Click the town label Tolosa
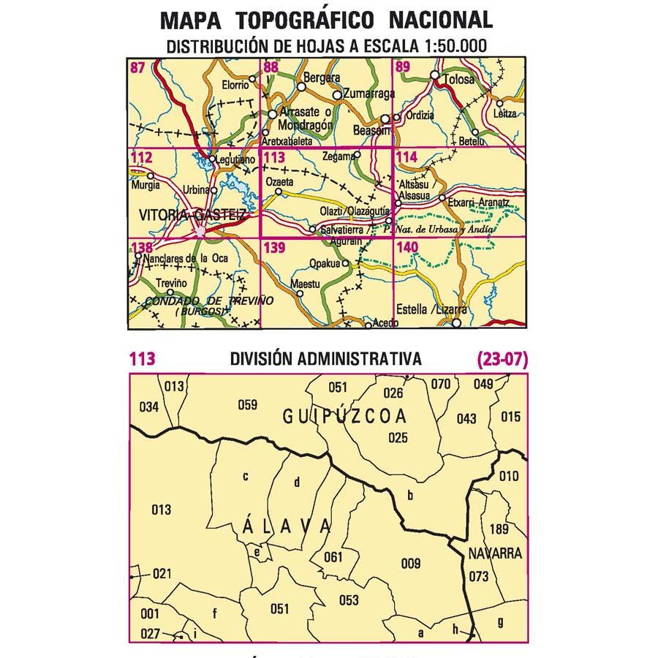tap(458, 80)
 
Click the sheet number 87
tap(137, 68)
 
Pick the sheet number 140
tap(406, 248)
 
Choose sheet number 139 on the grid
tap(275, 248)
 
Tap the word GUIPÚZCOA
tap(344, 417)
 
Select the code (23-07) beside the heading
tap(501, 359)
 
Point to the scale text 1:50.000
tap(452, 46)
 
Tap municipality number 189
tap(499, 529)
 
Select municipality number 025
tap(398, 438)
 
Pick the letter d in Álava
tap(297, 482)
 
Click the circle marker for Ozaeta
tap(278, 193)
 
